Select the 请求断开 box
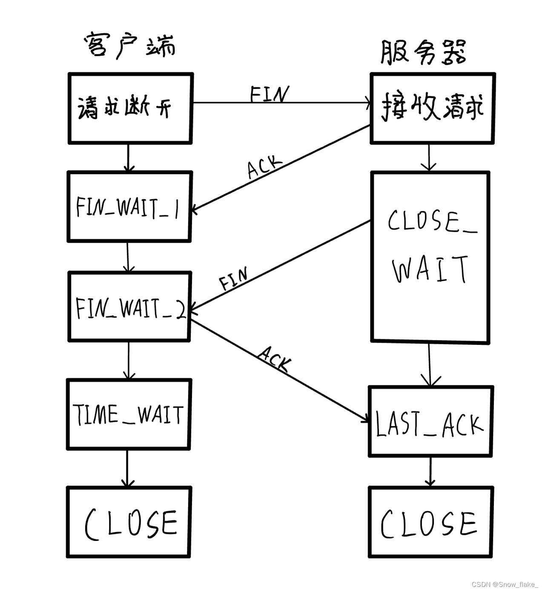pos(130,108)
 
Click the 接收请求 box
pos(433,108)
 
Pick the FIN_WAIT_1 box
pos(129,207)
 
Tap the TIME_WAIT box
pos(129,414)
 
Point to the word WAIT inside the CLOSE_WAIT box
pos(430,270)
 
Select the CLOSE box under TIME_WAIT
pos(129,522)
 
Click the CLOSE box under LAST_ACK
pos(430,522)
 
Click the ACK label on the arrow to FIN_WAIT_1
pos(265,166)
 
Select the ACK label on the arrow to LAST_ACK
pos(275,359)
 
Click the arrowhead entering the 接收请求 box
pos(367,102)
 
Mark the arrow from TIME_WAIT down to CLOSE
pos(127,468)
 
